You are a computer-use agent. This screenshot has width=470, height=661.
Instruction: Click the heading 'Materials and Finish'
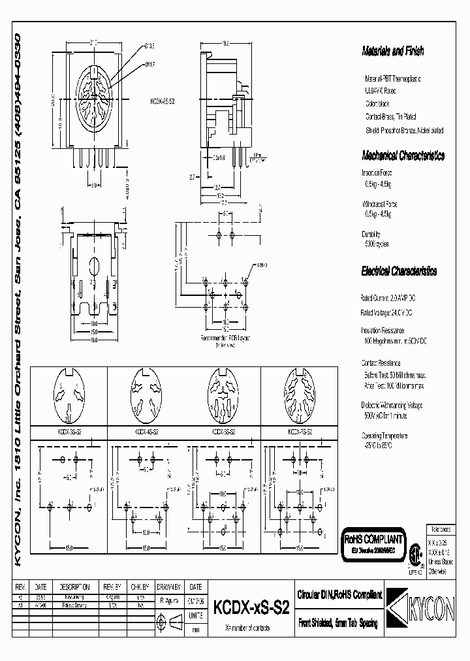393,50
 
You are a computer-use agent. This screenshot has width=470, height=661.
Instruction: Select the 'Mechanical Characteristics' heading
403,155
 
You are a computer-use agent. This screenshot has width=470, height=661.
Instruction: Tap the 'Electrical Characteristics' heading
399,271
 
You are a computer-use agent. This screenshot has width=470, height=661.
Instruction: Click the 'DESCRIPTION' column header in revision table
76,587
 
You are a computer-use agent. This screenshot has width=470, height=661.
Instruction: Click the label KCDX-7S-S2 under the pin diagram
299,431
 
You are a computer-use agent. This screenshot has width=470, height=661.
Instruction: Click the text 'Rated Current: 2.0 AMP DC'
389,297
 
